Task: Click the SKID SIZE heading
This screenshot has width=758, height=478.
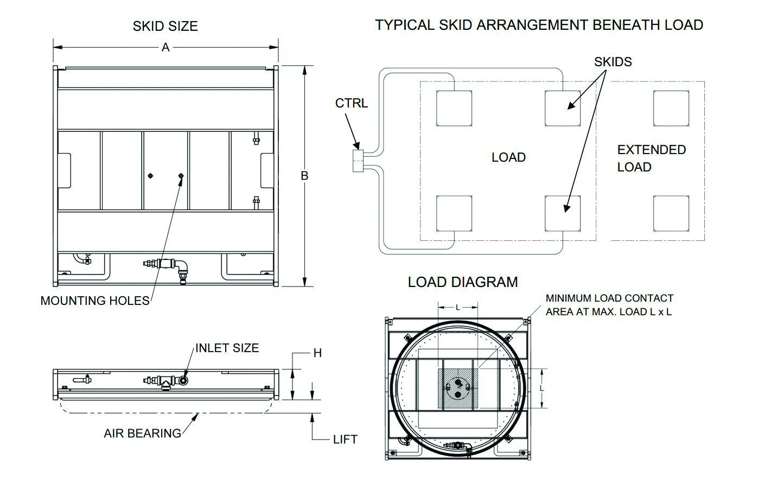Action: click(165, 27)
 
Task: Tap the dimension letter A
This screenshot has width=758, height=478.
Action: click(165, 47)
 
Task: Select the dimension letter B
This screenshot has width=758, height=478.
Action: click(304, 176)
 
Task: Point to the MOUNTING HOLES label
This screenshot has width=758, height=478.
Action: click(95, 301)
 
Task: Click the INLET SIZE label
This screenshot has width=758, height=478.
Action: click(227, 348)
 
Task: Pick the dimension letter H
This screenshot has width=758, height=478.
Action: click(317, 353)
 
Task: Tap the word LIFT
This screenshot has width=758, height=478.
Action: click(345, 439)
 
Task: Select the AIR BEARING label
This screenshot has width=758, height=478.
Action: click(143, 434)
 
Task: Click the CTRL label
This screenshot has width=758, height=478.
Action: click(351, 103)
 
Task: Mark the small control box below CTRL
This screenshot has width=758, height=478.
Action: click(358, 161)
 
